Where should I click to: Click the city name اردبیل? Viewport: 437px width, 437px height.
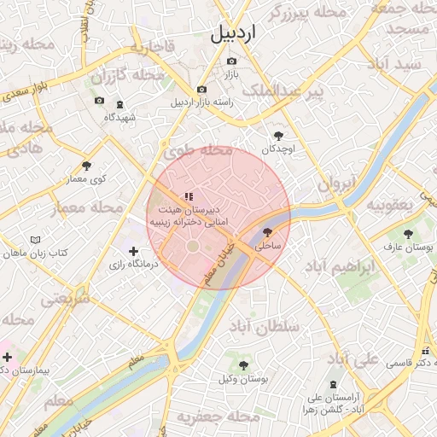click(x=233, y=34)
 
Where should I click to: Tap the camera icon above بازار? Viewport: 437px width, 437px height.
click(x=231, y=61)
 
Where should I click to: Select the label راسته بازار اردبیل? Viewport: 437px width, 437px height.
click(x=201, y=102)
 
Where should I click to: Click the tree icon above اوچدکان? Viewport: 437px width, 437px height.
click(x=278, y=135)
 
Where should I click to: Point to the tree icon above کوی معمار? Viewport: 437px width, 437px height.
click(x=86, y=166)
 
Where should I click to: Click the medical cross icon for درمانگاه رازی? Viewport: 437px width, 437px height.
click(x=133, y=251)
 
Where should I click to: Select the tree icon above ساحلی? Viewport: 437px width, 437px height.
click(x=267, y=231)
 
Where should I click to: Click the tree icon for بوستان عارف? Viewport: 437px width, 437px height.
click(x=408, y=233)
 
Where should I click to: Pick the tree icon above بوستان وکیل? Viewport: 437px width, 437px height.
click(x=244, y=364)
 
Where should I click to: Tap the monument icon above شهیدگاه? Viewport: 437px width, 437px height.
click(x=119, y=104)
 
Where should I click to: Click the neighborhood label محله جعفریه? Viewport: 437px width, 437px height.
click(x=218, y=417)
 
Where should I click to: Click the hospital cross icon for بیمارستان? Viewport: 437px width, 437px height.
click(x=7, y=356)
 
